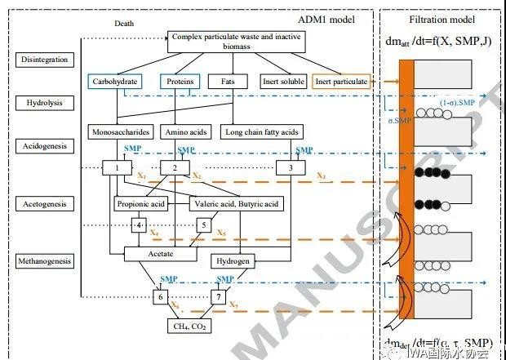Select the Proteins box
[x=181, y=82]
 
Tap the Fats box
[x=223, y=82]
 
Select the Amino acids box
[x=182, y=131]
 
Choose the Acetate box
[x=161, y=254]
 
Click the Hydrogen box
[x=232, y=261]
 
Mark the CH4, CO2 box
[x=192, y=327]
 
